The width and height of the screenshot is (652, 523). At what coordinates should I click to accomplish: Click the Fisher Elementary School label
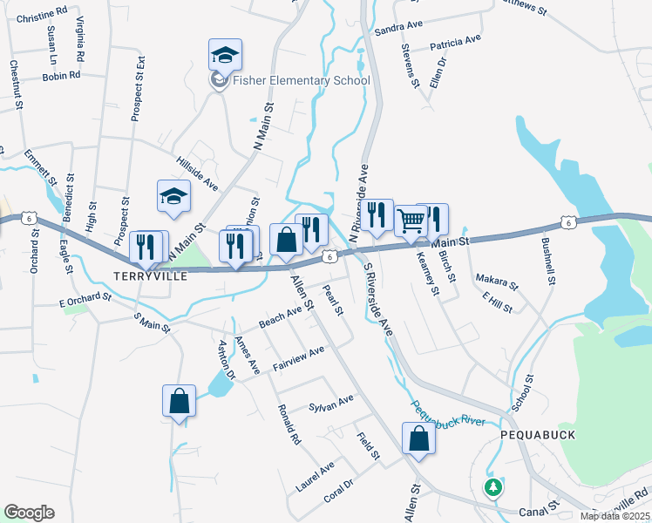pyautogui.click(x=301, y=81)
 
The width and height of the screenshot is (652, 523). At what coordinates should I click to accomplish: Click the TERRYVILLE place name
pyautogui.click(x=151, y=275)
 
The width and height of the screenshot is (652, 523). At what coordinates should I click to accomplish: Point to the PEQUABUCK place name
pyautogui.click(x=533, y=433)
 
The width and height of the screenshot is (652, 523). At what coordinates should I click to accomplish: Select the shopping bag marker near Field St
pyautogui.click(x=418, y=439)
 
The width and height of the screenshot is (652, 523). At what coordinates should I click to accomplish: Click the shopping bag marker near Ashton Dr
pyautogui.click(x=179, y=402)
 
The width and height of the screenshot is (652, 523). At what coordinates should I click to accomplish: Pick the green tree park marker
pyautogui.click(x=493, y=486)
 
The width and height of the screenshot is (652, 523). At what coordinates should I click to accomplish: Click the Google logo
pyautogui.click(x=29, y=513)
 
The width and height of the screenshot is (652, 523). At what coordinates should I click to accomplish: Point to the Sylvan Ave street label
pyautogui.click(x=331, y=403)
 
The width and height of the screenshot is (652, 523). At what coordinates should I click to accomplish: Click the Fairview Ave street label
pyautogui.click(x=298, y=358)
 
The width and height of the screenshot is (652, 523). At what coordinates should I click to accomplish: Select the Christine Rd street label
pyautogui.click(x=42, y=17)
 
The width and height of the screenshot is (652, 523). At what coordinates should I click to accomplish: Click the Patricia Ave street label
pyautogui.click(x=455, y=41)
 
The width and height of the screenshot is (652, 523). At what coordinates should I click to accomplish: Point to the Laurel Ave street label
pyautogui.click(x=315, y=477)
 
